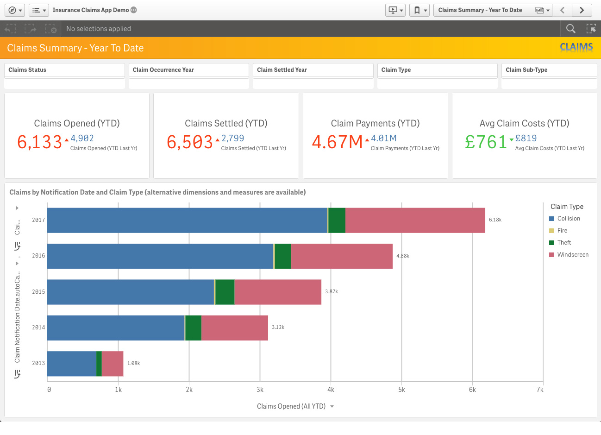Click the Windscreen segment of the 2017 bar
(x=415, y=220)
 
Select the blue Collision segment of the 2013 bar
(x=72, y=364)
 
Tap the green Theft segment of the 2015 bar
(x=225, y=292)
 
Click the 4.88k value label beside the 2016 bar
(x=403, y=256)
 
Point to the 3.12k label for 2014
(x=278, y=328)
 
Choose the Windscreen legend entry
(x=569, y=254)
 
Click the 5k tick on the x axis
(x=401, y=390)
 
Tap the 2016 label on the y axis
(x=38, y=256)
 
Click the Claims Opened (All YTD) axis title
(x=291, y=406)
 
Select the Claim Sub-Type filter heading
(x=526, y=70)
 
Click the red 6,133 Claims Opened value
(x=39, y=142)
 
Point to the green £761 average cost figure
(x=486, y=142)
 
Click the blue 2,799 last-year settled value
(x=232, y=139)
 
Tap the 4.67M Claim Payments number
(x=337, y=142)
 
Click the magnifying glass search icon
(x=570, y=29)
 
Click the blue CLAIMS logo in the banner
(x=576, y=47)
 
